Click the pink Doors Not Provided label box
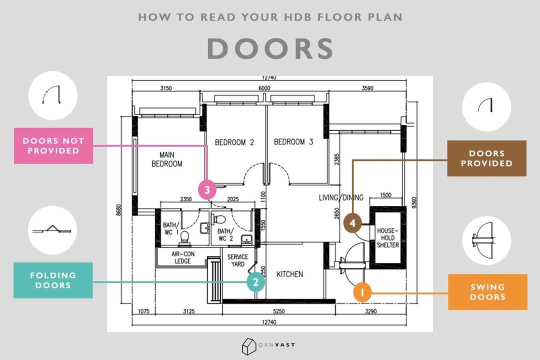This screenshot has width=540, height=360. coord(53,145)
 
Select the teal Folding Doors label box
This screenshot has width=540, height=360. coord(53,280)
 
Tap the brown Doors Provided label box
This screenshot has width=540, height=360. coord(486,158)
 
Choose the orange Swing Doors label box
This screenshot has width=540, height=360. coord(487,291)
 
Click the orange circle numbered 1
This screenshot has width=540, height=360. coord(362,293)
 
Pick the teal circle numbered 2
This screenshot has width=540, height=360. coord(255,282)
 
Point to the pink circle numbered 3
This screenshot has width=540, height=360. coord(207,190)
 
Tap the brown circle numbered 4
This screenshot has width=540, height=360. coord(352,223)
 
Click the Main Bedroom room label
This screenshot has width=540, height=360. coord(167,159)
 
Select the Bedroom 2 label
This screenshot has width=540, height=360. coord(234,142)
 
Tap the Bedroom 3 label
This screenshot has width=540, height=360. coord(293,142)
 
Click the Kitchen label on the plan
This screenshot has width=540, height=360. coord(289,274)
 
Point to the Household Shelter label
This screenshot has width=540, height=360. coord(387,238)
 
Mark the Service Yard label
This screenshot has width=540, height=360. coord(237,260)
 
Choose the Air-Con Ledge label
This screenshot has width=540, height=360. coord(182,257)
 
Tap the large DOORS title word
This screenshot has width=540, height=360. coord(270,49)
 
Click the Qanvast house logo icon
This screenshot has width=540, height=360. coord(248,345)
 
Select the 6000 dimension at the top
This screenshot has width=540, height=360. coord(264,88)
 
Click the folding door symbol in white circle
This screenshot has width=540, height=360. coord(52,230)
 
